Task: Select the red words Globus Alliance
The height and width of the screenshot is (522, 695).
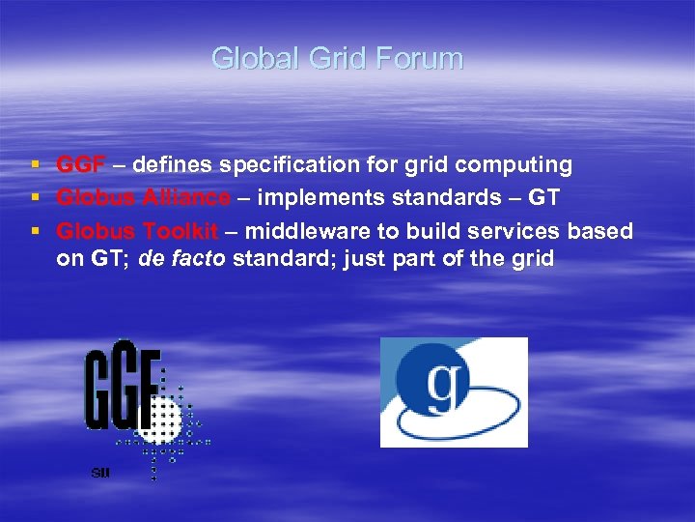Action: (143, 198)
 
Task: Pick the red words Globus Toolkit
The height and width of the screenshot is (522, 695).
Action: (137, 231)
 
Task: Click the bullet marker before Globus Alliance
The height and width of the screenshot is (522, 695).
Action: (36, 198)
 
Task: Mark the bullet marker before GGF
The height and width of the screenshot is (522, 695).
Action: (36, 165)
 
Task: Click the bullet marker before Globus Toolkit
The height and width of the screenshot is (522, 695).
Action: (36, 231)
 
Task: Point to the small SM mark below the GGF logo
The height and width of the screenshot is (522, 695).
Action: (99, 473)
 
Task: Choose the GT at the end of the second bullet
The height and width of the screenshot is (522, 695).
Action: (544, 198)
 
